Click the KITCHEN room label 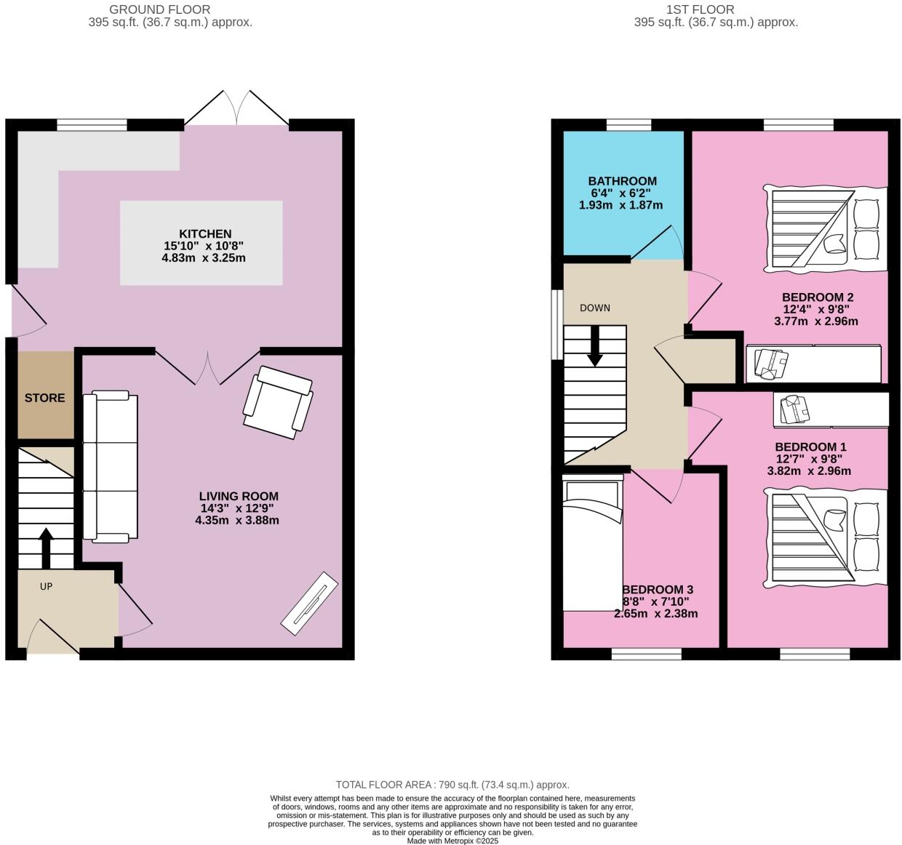click(205, 234)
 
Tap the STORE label click(45, 398)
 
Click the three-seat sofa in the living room click(110, 467)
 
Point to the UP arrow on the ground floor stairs click(45, 548)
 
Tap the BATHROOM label click(622, 181)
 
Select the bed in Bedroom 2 click(826, 229)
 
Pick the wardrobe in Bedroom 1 click(831, 410)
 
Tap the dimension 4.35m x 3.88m click(237, 521)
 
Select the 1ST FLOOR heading click(700, 9)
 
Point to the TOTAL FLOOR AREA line click(452, 785)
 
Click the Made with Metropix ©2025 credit click(452, 841)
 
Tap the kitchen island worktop click(201, 243)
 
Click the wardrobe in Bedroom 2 click(813, 364)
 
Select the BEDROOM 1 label click(810, 446)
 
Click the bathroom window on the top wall click(628, 125)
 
